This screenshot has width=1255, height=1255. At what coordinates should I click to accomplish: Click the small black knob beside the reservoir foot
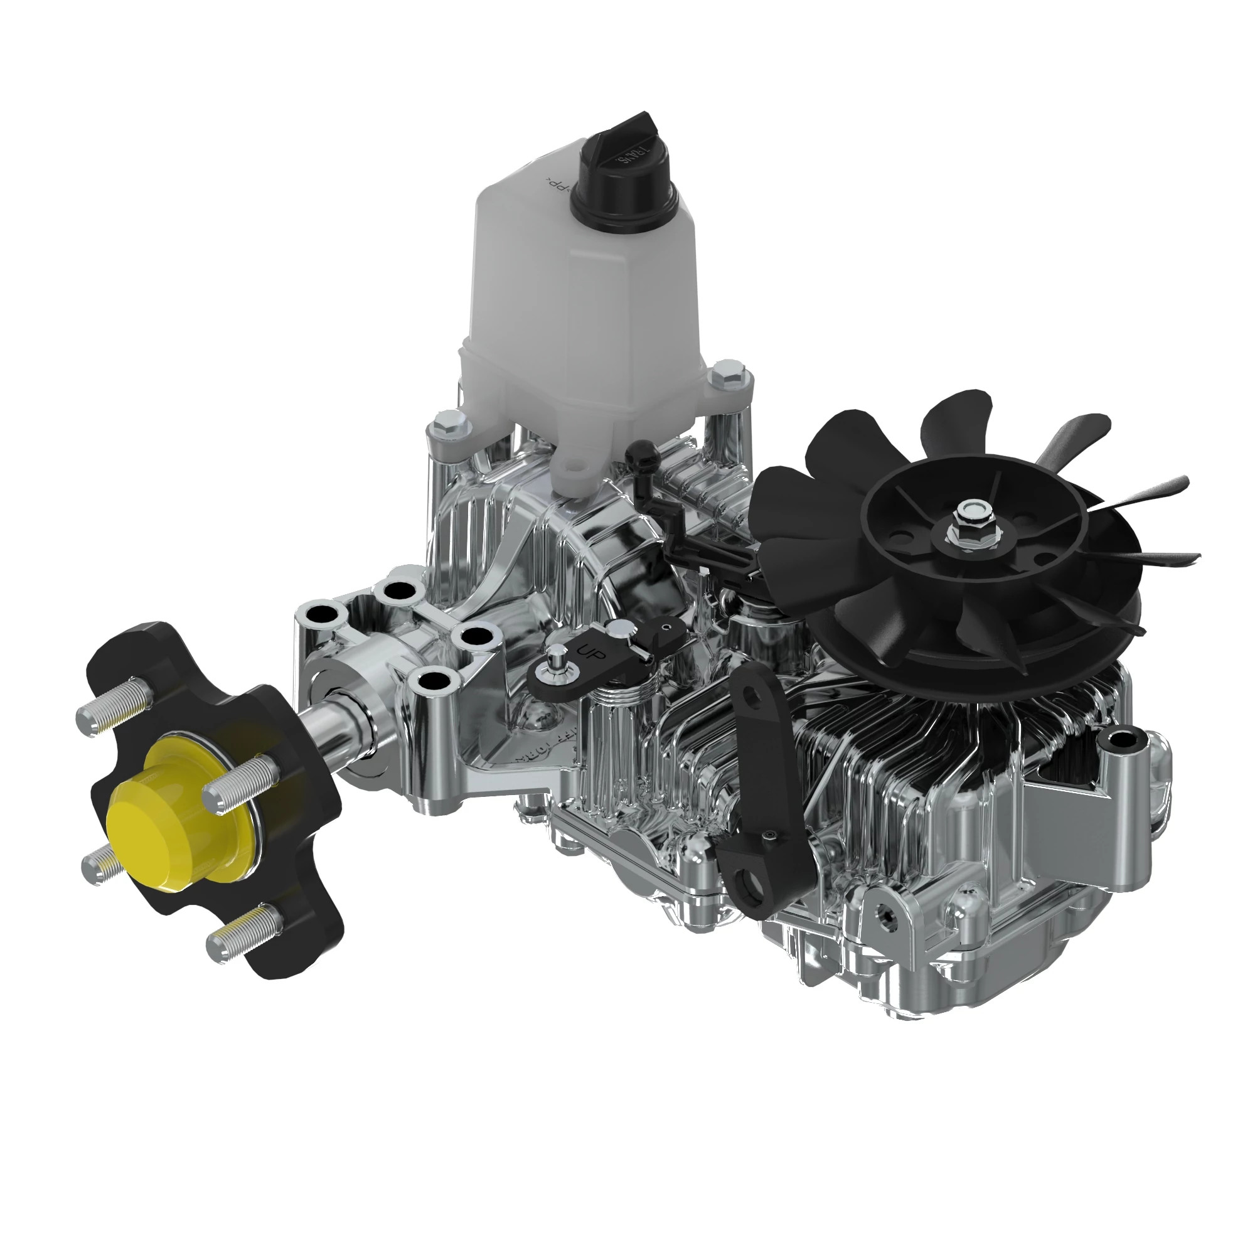pyautogui.click(x=643, y=450)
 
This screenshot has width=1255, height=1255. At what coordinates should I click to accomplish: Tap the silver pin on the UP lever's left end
pyautogui.click(x=557, y=658)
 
